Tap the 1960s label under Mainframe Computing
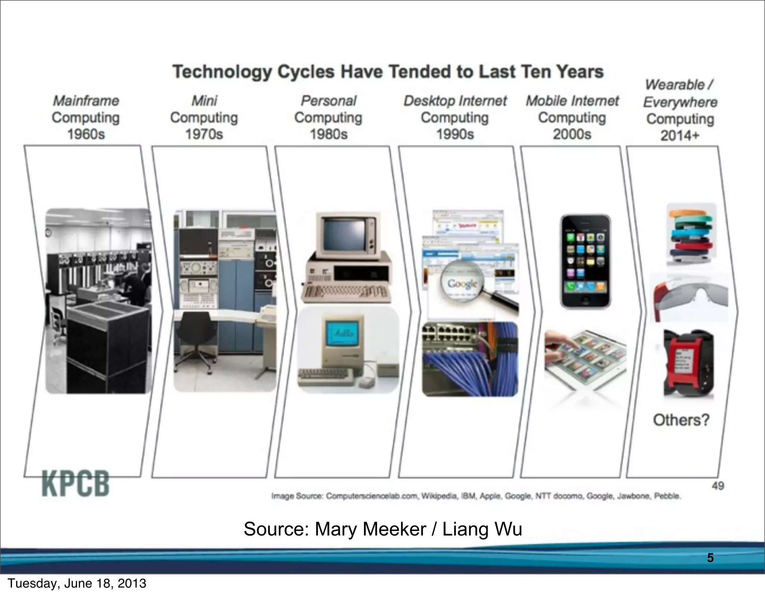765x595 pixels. pos(86,134)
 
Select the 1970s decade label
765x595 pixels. pos(204,134)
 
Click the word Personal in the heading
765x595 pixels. pos(329,101)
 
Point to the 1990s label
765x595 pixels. pos(455,134)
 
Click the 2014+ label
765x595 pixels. pos(679,136)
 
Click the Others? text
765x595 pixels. pos(681,420)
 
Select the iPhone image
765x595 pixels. pos(585,261)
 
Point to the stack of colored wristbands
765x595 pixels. pos(691,235)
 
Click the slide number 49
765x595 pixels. pos(718,486)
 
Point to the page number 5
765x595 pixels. pos(710,558)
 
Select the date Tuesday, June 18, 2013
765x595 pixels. pos(77,583)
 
